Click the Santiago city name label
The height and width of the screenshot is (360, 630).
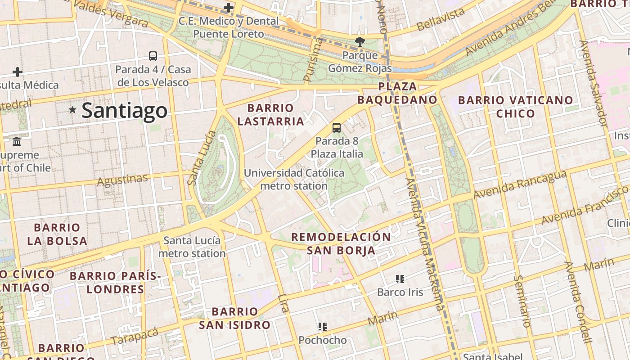coord(124,111)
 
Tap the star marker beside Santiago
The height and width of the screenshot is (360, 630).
coord(72,110)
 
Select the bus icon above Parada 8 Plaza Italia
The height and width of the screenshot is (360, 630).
coord(337,128)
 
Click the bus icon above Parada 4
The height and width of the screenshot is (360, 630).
coord(153,56)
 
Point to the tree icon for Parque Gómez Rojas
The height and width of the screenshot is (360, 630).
coord(360,42)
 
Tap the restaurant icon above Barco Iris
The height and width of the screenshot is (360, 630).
coord(400,279)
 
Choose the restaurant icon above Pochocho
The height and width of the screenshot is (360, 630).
coord(322,327)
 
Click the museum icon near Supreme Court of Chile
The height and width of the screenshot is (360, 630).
coord(17,142)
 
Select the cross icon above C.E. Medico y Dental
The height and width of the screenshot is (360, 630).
coord(229,8)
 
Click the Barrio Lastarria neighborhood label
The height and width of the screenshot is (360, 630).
coord(270,115)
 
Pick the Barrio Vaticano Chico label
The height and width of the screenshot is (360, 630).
coord(515,107)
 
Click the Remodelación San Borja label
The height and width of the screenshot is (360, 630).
coord(341,243)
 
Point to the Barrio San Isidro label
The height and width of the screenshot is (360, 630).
coord(234,318)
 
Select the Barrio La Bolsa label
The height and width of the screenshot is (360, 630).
coord(57,234)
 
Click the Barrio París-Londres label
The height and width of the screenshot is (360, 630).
coord(115,282)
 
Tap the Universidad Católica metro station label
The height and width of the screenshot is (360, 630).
coord(294,179)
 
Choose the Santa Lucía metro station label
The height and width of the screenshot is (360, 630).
coord(192,247)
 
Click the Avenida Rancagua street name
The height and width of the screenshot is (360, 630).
coord(520,184)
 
